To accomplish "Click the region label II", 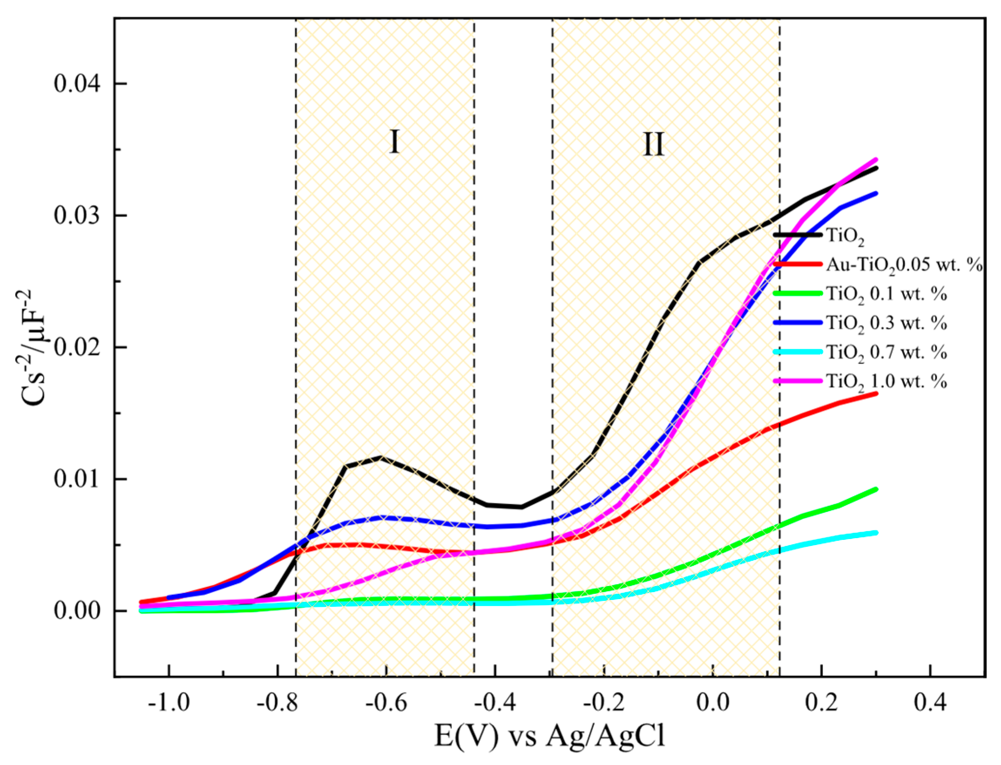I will coord(653,145).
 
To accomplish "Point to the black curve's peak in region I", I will coord(380,457).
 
